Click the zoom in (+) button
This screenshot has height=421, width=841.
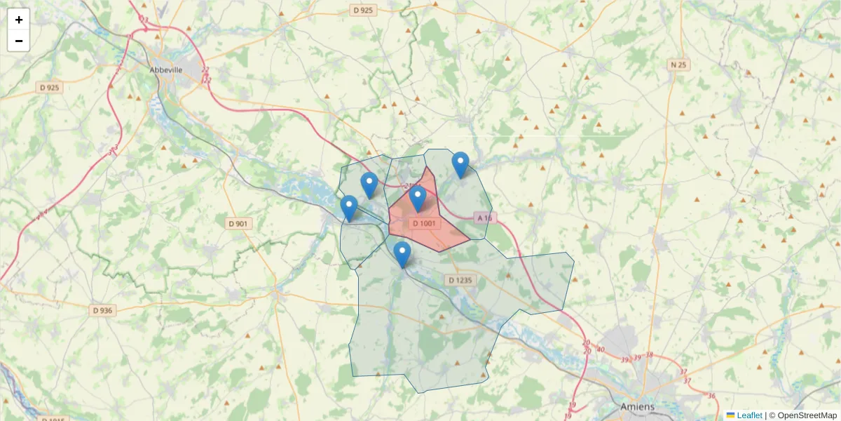(19, 20)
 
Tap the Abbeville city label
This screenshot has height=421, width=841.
(166, 69)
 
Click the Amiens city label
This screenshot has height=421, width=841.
(637, 406)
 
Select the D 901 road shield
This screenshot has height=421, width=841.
(238, 224)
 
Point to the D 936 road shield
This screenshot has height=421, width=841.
(102, 310)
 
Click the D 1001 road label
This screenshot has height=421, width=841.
(425, 224)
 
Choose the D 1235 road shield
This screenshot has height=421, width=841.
(460, 280)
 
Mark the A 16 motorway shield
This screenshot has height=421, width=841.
(484, 218)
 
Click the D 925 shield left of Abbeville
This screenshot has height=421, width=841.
(49, 88)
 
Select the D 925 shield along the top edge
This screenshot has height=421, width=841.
(364, 11)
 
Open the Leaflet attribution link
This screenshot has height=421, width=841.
(749, 415)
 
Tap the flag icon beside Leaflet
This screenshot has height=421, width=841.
(731, 415)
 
